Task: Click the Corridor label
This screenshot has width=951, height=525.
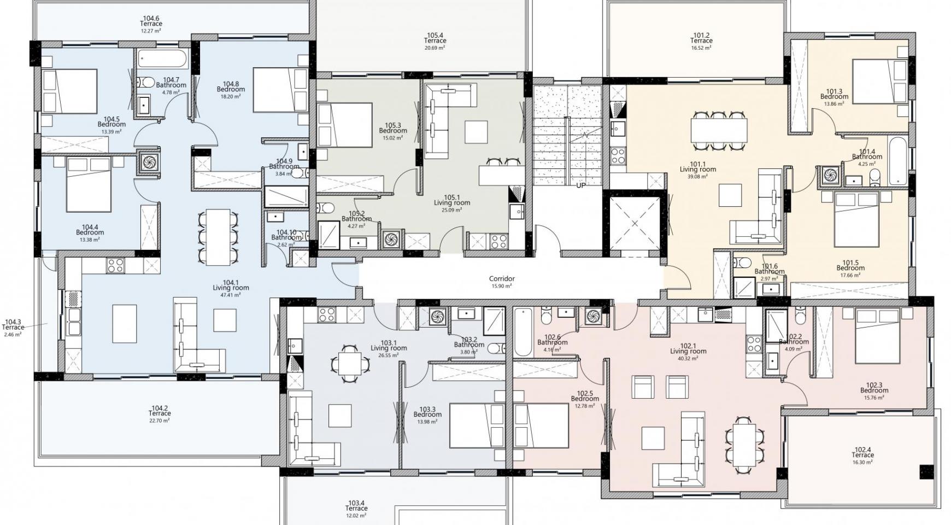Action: tap(501, 279)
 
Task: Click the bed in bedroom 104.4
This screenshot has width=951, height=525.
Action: tap(89, 184)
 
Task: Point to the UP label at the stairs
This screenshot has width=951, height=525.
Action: tap(580, 185)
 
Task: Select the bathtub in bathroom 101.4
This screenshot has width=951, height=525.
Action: tap(897, 161)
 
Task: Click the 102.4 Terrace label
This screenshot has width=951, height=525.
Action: tap(863, 452)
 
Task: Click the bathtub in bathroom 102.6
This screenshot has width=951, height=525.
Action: tap(523, 331)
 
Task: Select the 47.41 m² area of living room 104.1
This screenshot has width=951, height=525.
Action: tap(231, 295)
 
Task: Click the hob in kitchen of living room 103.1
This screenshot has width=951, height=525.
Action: tap(327, 314)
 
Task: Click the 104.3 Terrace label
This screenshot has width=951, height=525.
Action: tap(13, 325)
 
